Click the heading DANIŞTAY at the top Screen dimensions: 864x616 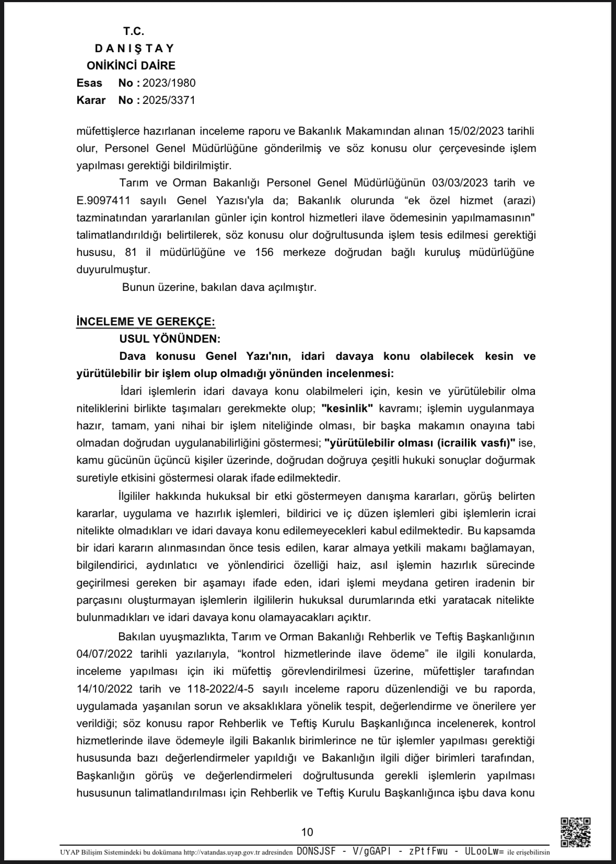coord(134,49)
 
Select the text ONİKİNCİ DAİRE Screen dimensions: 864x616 coord(131,66)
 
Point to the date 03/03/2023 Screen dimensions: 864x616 coord(460,183)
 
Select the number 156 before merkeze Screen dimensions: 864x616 coord(264,252)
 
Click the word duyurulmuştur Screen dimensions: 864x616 coord(113,270)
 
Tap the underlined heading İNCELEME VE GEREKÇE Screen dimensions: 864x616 coord(145,322)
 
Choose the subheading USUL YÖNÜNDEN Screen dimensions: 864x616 coord(170,339)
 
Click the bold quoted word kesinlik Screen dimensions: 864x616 coord(347,408)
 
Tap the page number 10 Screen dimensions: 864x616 coord(307,832)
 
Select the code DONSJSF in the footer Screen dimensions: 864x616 coord(316,851)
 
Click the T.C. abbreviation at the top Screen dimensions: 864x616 coord(134,31)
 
